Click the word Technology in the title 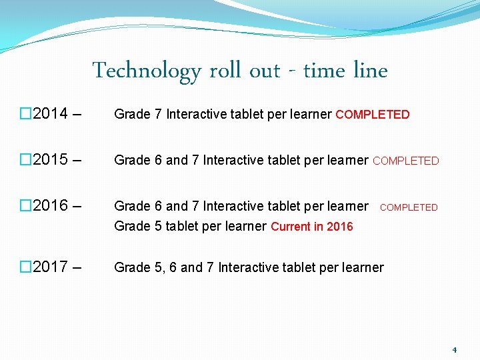tap(147, 71)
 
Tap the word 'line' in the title tap(372, 70)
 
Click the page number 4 tap(454, 350)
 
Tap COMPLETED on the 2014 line tap(373, 115)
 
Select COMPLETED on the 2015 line tap(406, 161)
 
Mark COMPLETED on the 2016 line tap(409, 207)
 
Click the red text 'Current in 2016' tap(312, 227)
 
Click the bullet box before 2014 tap(25, 113)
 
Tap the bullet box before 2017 tap(25, 267)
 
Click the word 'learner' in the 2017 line tap(361, 268)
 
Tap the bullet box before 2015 tap(25, 160)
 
